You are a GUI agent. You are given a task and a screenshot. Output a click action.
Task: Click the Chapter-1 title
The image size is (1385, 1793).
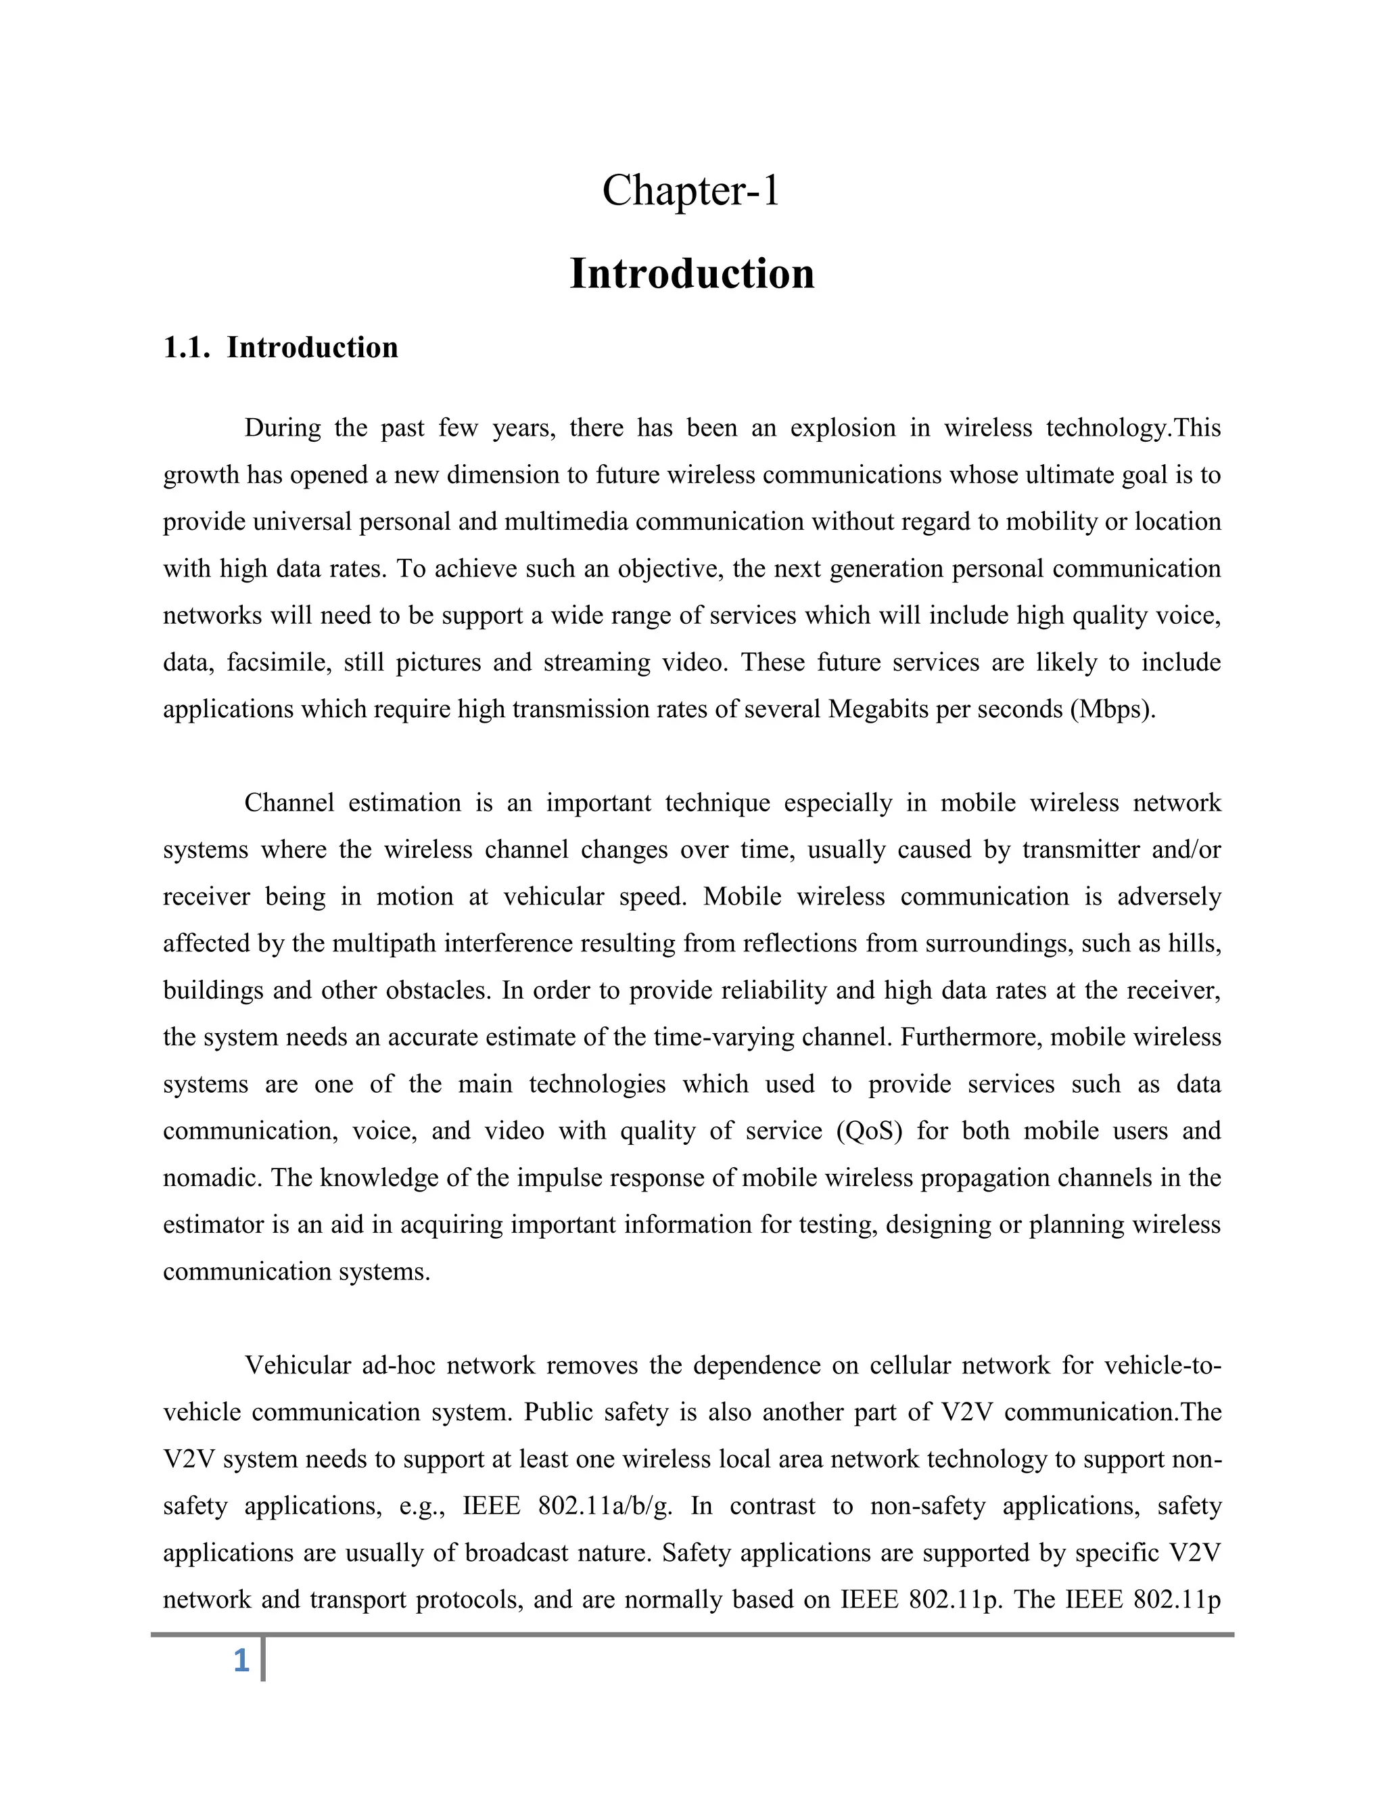tap(691, 191)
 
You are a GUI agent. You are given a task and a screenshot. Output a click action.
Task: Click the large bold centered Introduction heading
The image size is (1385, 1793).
tap(692, 273)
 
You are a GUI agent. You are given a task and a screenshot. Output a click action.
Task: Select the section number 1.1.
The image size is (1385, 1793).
tap(188, 348)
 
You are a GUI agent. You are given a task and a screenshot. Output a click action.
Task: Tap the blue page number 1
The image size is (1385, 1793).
tap(241, 1661)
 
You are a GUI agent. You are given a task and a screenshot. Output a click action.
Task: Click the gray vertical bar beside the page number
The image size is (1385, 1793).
tap(262, 1658)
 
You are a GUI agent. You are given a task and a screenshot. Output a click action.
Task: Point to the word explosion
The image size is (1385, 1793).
tap(843, 428)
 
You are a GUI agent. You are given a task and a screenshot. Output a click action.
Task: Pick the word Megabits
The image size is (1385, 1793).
tap(877, 709)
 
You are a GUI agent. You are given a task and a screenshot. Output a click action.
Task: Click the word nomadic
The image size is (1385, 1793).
tap(212, 1178)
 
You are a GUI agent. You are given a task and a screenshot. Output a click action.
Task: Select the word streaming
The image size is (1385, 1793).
tap(597, 662)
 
